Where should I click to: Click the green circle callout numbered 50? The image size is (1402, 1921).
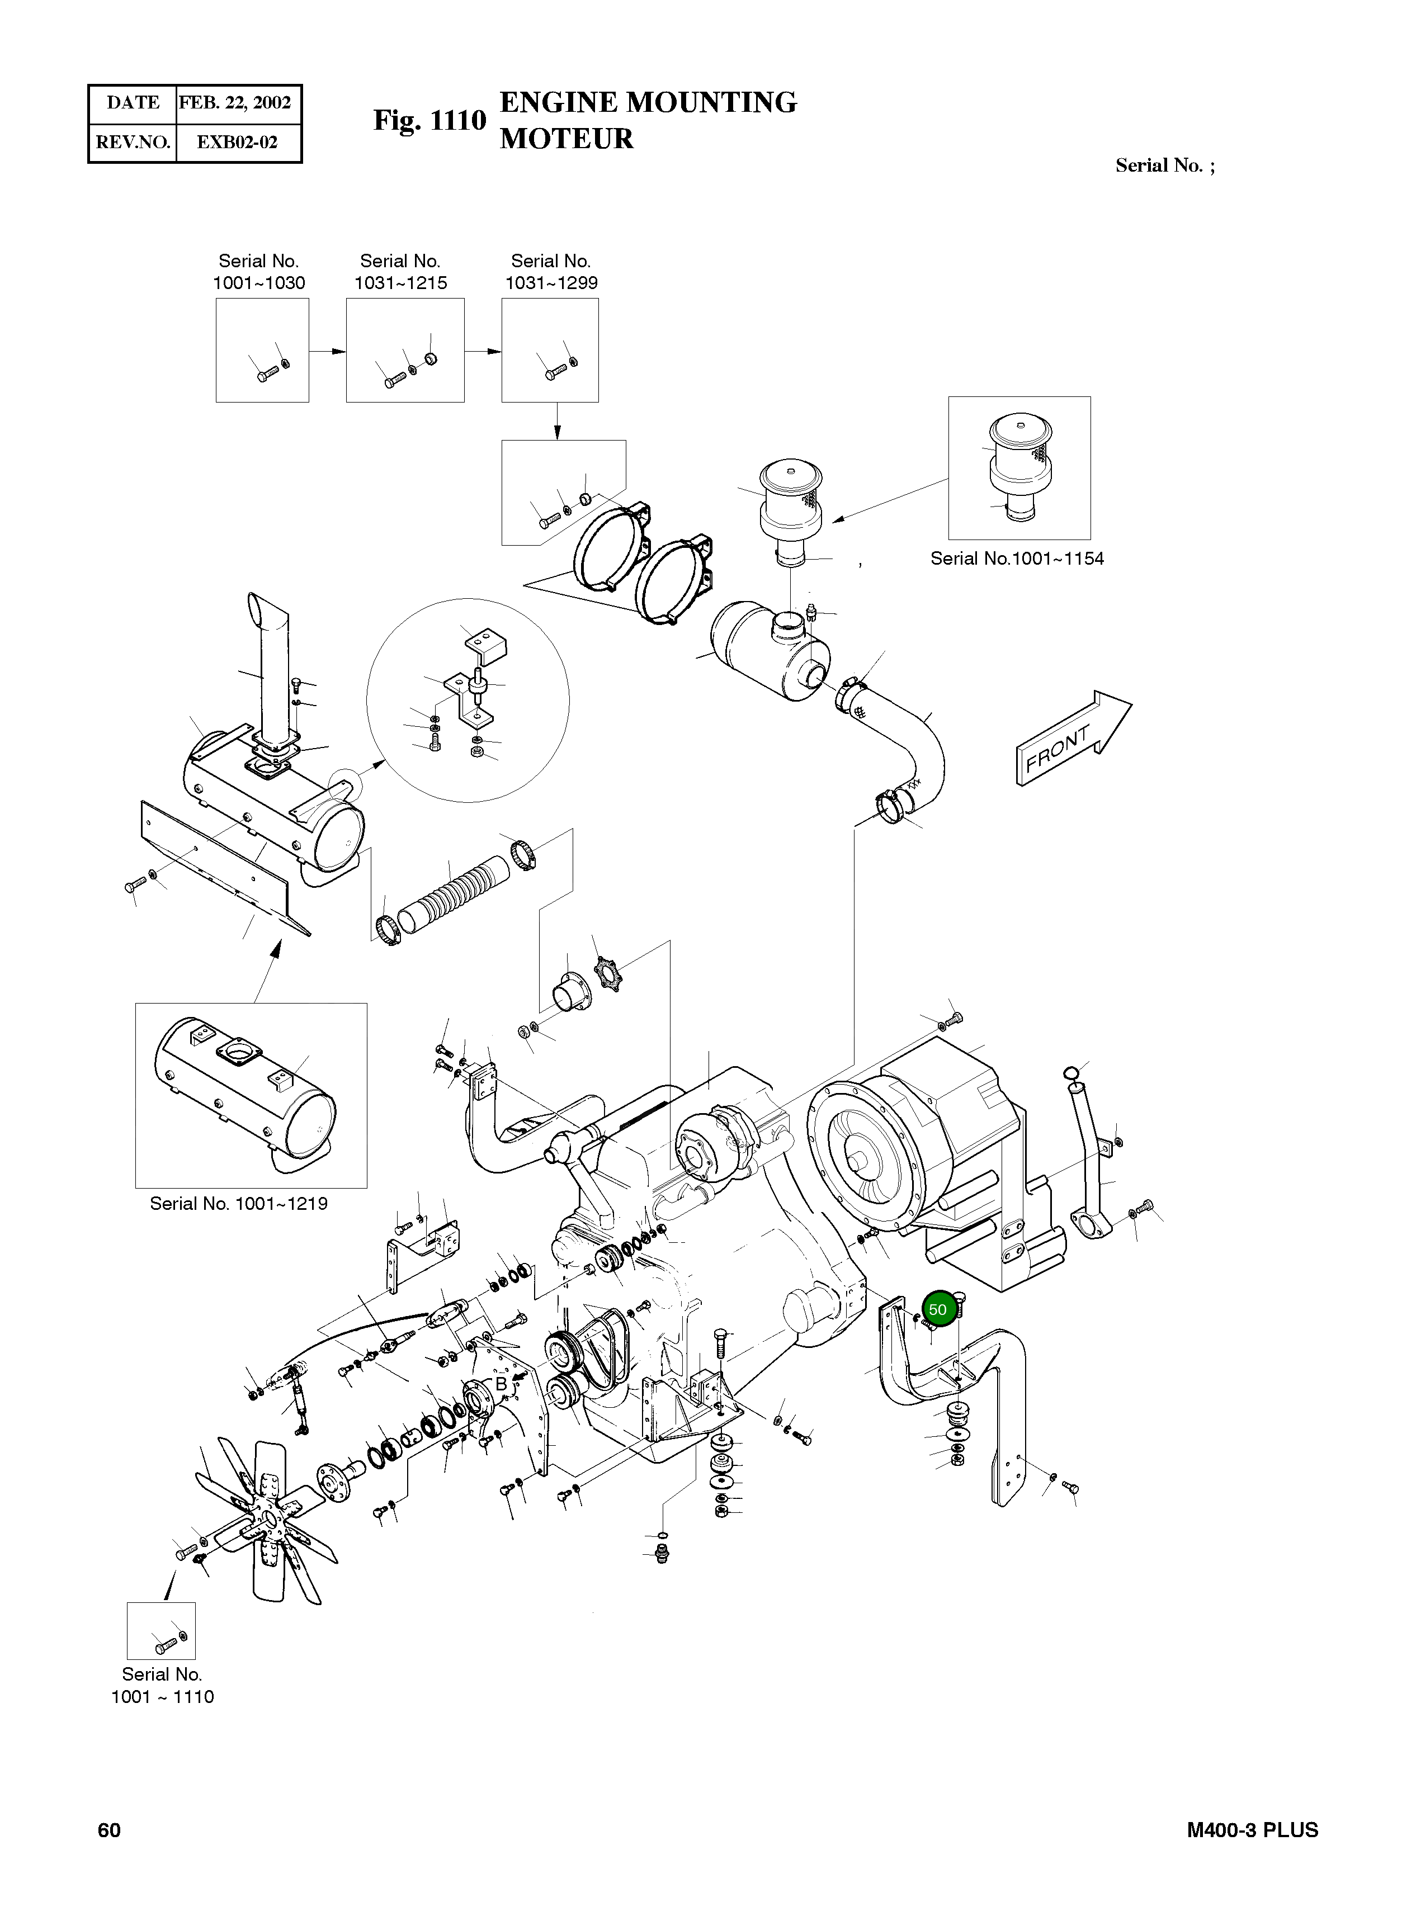[938, 1309]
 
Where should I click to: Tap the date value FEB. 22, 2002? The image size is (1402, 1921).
[235, 103]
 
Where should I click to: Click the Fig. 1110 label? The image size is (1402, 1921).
[429, 121]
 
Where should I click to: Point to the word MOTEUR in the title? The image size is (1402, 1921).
[566, 138]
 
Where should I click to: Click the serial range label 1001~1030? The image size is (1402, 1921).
[259, 283]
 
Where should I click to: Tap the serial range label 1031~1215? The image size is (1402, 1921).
[400, 283]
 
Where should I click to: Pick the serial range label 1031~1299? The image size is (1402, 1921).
[551, 283]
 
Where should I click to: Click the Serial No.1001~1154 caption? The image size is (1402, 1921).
[1017, 559]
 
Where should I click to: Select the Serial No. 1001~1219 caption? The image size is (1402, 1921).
[238, 1203]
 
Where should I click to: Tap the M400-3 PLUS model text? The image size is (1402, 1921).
[1252, 1830]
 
